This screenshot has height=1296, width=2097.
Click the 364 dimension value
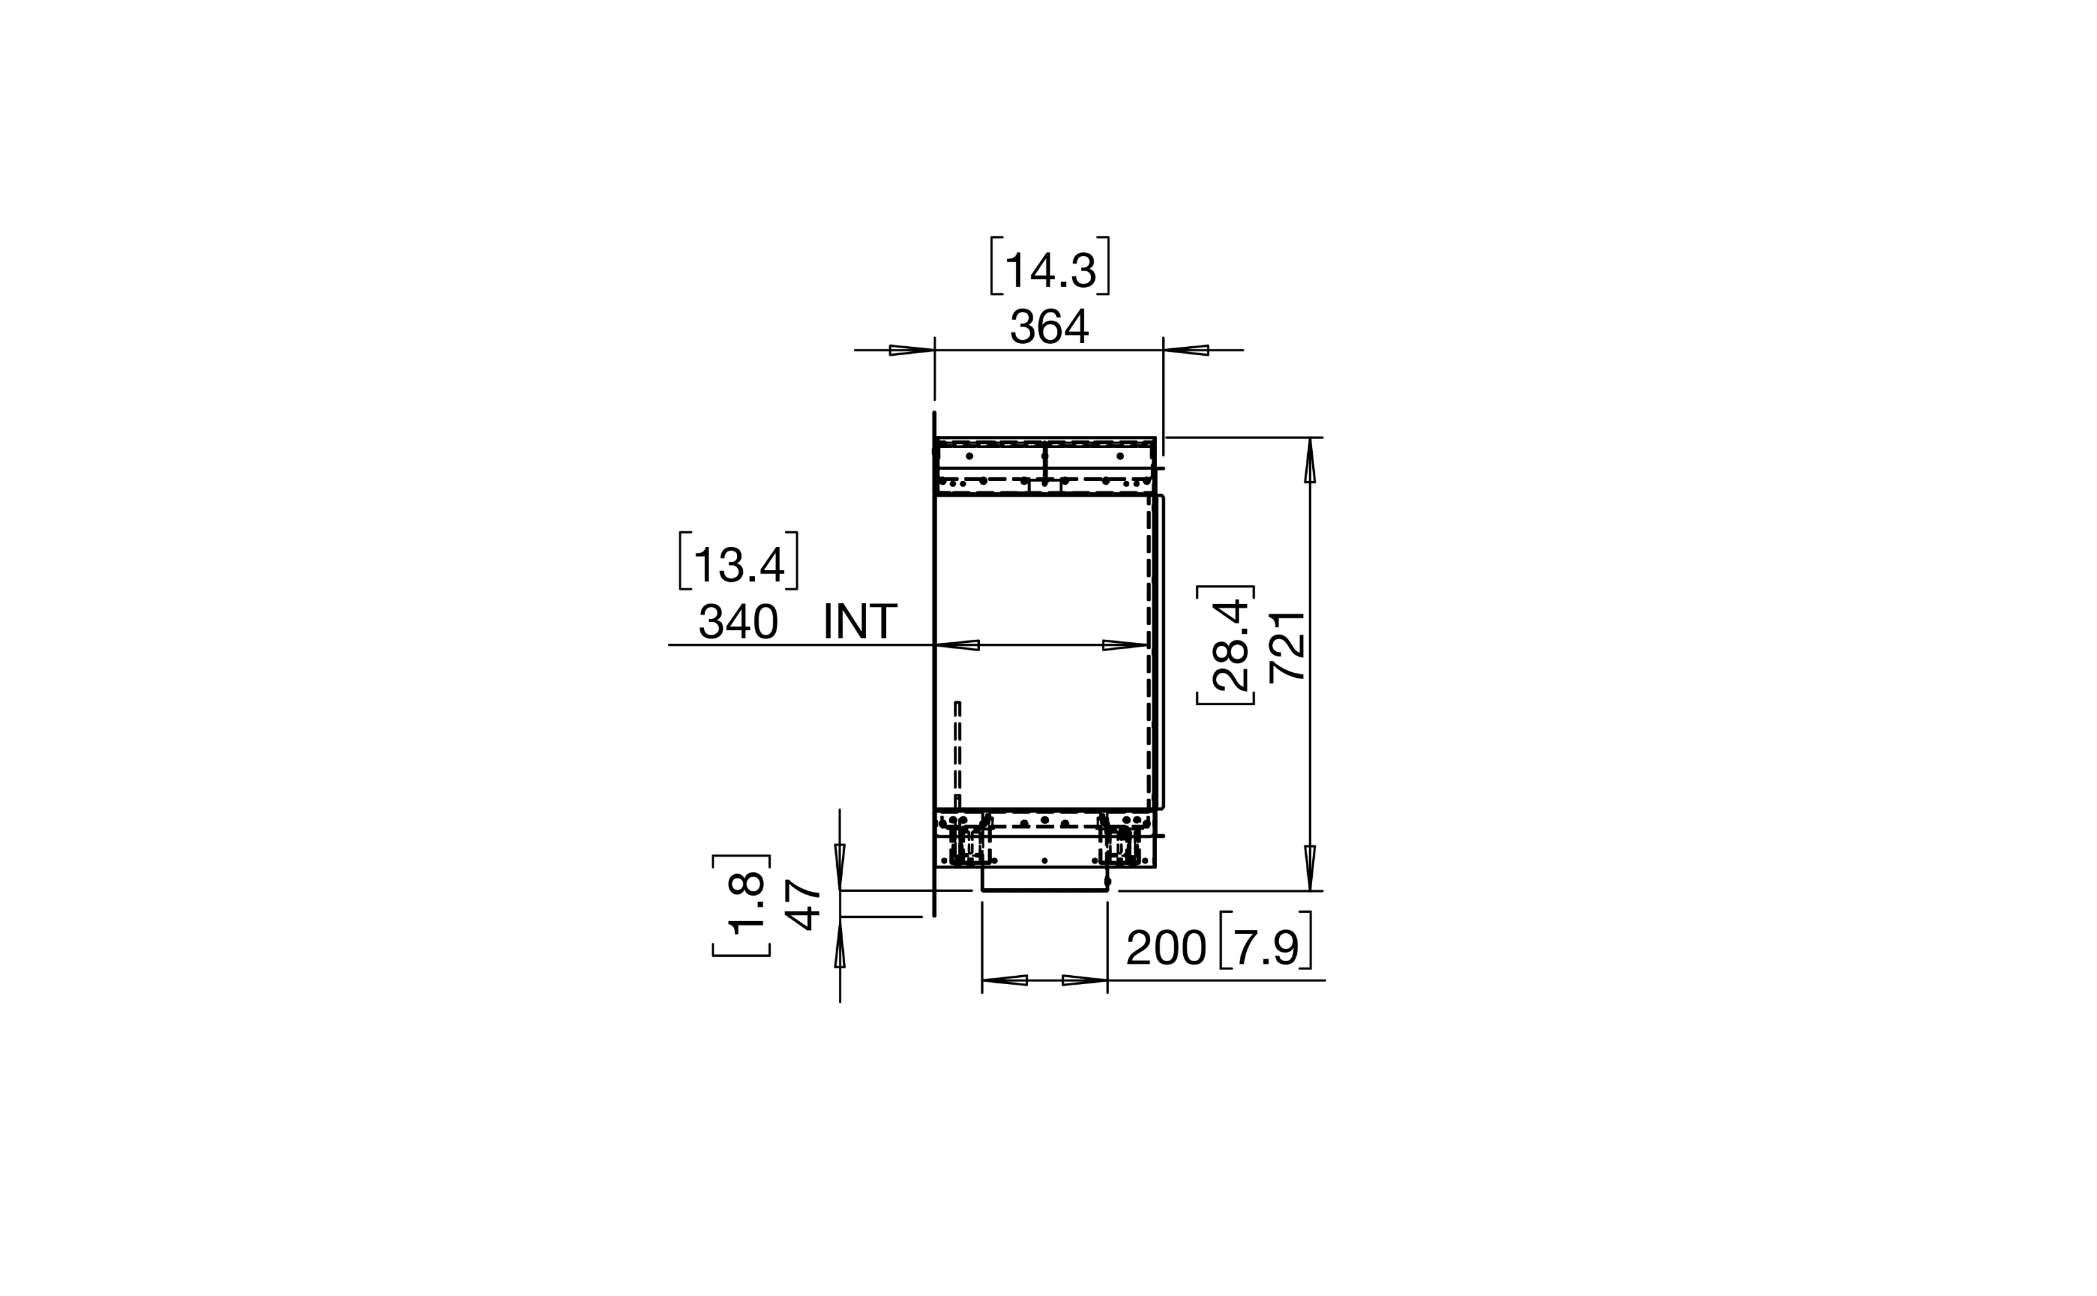[1048, 327]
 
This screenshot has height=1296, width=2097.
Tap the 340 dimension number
[738, 621]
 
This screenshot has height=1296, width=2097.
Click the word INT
[860, 621]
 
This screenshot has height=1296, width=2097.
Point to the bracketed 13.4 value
[738, 562]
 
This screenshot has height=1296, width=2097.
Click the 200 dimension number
[1166, 948]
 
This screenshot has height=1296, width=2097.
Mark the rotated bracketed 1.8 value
[742, 904]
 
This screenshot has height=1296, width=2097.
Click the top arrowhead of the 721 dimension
[1310, 461]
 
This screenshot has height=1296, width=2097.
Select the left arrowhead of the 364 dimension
[912, 349]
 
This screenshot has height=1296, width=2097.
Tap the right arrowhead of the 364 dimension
[1186, 349]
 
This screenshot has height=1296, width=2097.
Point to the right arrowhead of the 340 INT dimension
[1125, 645]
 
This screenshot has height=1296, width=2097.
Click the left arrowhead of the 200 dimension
[1005, 980]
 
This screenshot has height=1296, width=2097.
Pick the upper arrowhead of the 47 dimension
[840, 867]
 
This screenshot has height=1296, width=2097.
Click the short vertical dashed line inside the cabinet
[958, 754]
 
